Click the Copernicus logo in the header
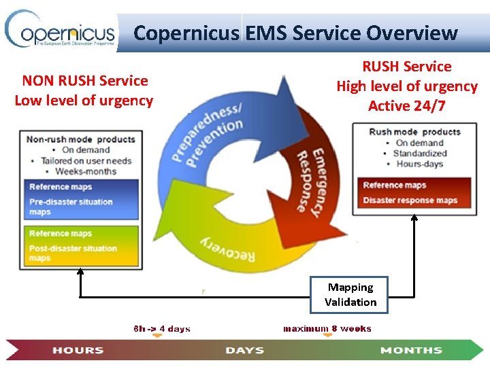point(60,31)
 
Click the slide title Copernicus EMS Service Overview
point(295,33)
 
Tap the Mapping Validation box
point(350,295)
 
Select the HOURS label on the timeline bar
point(78,350)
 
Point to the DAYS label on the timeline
point(245,350)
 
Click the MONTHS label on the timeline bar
point(411,350)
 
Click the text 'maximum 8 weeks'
point(327,329)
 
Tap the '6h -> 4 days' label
point(162,329)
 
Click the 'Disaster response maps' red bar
point(410,200)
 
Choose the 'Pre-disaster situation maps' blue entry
point(71,207)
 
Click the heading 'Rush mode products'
point(414,132)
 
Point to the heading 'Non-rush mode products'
point(80,139)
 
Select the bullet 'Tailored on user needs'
point(86,161)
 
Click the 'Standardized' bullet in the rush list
point(420,154)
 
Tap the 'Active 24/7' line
point(407,106)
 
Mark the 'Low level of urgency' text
point(84,101)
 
